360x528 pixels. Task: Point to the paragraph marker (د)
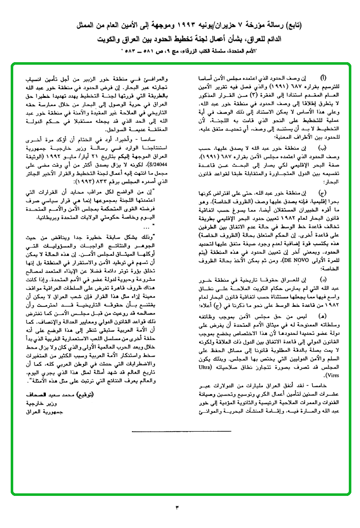(309, 279)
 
